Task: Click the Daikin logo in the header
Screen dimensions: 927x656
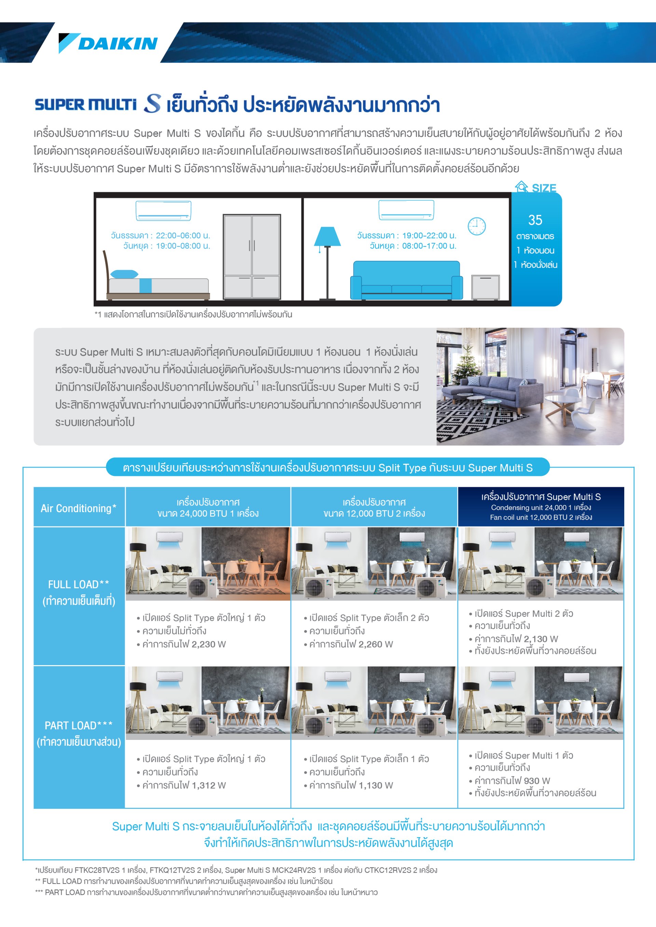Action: [108, 43]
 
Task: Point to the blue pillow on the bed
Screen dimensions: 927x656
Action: [124, 274]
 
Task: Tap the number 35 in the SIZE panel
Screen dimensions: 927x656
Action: [535, 220]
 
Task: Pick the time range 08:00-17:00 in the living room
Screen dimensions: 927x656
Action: [429, 246]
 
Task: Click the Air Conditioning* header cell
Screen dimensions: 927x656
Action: [79, 508]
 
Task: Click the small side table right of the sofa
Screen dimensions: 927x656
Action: [485, 287]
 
